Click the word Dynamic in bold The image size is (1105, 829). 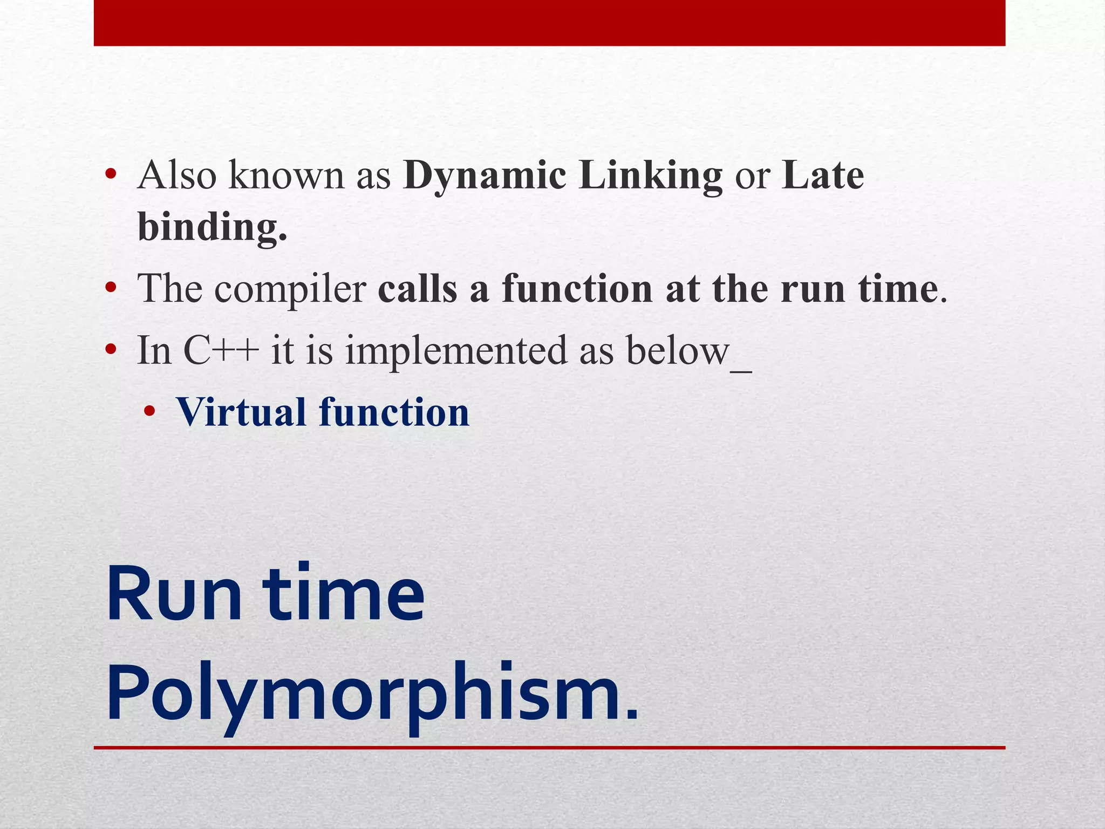(x=485, y=176)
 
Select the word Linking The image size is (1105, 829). (x=650, y=176)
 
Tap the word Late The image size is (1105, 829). (x=823, y=176)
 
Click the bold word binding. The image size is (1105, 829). (x=212, y=227)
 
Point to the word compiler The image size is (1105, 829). (x=290, y=289)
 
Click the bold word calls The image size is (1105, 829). (x=418, y=289)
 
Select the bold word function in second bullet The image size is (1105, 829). (x=577, y=289)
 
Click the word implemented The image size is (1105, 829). (x=456, y=351)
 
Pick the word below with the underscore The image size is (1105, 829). (x=688, y=351)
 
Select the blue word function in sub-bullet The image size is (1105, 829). (x=394, y=413)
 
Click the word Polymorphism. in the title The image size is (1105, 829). (x=372, y=694)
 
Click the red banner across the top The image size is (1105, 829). (x=549, y=23)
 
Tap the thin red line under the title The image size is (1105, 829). (x=549, y=748)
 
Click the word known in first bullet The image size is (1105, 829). (x=286, y=176)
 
